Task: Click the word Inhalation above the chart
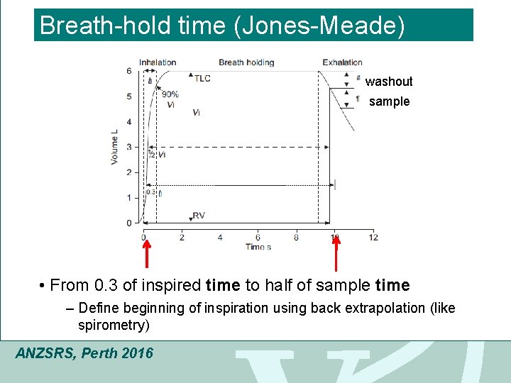pyautogui.click(x=158, y=62)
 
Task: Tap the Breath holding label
pyautogui.click(x=246, y=62)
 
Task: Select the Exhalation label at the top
pyautogui.click(x=342, y=62)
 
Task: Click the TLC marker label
pyautogui.click(x=202, y=78)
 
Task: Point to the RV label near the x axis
pyautogui.click(x=199, y=216)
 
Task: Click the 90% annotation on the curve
pyautogui.click(x=170, y=94)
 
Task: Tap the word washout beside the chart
pyautogui.click(x=388, y=82)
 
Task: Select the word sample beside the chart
pyautogui.click(x=389, y=101)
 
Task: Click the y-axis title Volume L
pyautogui.click(x=114, y=147)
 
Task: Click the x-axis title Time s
pyautogui.click(x=258, y=247)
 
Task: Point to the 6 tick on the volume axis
pyautogui.click(x=128, y=71)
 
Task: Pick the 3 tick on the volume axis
pyautogui.click(x=128, y=147)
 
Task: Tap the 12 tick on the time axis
pyautogui.click(x=373, y=237)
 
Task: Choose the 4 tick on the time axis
pyautogui.click(x=220, y=237)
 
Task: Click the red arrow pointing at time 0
pyautogui.click(x=146, y=255)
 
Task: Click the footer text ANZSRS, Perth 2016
pyautogui.click(x=84, y=353)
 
